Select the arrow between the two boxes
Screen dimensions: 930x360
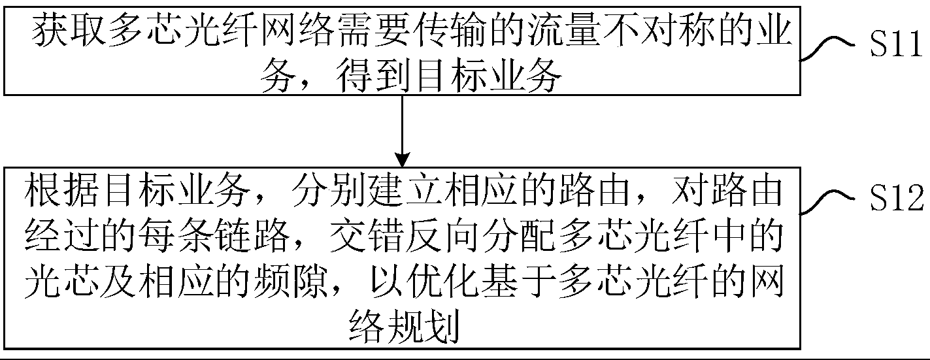click(403, 128)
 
